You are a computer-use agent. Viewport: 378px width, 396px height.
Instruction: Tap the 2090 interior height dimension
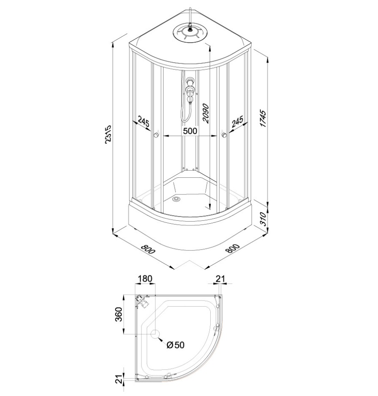[x=206, y=113]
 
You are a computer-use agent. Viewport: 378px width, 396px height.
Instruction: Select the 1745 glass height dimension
[x=263, y=118]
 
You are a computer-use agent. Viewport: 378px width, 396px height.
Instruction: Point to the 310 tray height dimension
[x=263, y=219]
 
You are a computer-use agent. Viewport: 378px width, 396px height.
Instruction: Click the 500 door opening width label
[x=190, y=131]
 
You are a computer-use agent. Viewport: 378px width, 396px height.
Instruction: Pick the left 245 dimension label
[x=144, y=123]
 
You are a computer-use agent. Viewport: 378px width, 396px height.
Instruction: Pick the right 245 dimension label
[x=237, y=122]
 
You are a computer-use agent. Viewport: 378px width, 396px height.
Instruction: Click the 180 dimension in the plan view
[x=146, y=279]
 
